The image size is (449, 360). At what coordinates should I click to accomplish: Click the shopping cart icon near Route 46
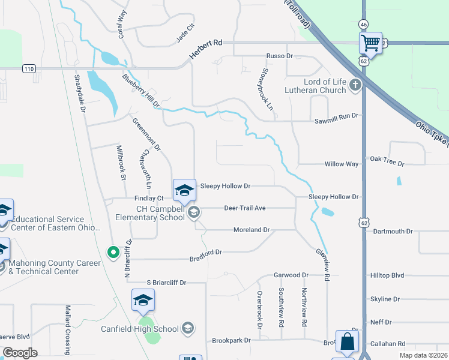pos(371,43)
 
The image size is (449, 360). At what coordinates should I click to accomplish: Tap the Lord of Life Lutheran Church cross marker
pos(355,85)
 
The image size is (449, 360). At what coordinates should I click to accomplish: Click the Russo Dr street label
pos(279,56)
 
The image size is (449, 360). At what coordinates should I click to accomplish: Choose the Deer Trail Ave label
pos(244,208)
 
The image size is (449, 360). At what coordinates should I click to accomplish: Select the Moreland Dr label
pos(252,230)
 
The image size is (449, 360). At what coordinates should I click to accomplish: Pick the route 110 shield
pos(29,69)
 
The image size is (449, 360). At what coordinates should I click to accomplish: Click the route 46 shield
pos(364,24)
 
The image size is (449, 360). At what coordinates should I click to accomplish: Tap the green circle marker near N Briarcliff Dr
pos(112,252)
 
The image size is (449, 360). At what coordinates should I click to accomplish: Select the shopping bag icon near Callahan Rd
pos(346,342)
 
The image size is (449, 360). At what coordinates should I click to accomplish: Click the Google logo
pos(20,353)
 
